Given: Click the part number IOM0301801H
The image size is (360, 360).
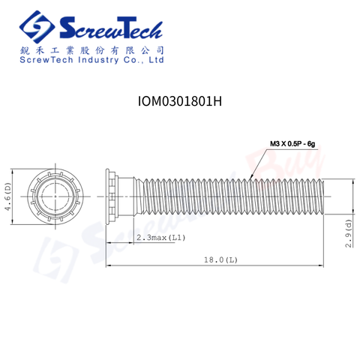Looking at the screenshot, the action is point(180,101).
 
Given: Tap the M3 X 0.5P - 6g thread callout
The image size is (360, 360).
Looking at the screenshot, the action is point(292,144).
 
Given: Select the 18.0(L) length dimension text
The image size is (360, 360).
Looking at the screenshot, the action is point(220,260).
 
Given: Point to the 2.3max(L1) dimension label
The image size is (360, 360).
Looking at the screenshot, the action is point(160,238).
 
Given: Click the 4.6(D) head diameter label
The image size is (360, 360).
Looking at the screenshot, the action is point(7,196).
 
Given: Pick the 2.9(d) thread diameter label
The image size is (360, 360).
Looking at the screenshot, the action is point(349,233).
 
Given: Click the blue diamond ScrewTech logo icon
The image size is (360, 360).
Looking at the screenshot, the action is point(37,27).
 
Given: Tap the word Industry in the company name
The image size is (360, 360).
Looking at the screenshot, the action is point(98,60).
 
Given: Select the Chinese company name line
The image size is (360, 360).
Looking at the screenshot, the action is point(91,50).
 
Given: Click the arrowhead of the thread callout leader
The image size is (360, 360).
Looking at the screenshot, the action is point(251,177).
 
